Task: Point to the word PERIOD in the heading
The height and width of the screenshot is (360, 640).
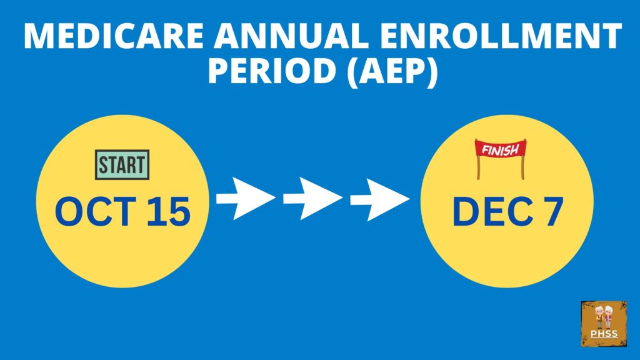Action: click(x=272, y=71)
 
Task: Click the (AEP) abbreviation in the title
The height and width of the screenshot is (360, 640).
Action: click(x=392, y=72)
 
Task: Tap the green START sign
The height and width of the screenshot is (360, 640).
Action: click(x=122, y=165)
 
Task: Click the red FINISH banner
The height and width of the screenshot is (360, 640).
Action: click(x=501, y=150)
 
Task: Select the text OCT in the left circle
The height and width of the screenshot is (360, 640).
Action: click(x=96, y=211)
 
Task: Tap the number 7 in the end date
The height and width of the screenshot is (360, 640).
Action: click(x=552, y=211)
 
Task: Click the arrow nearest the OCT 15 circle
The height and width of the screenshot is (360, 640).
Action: click(x=246, y=198)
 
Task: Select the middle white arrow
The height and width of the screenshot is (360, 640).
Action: click(x=312, y=198)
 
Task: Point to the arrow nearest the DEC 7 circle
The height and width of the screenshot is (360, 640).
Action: click(x=379, y=199)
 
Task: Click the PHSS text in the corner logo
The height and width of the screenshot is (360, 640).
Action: click(x=604, y=334)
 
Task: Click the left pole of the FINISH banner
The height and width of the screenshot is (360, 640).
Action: click(x=478, y=167)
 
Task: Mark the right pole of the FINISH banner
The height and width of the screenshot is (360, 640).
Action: click(x=522, y=167)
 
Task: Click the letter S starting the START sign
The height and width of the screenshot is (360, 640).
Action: click(x=103, y=165)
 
